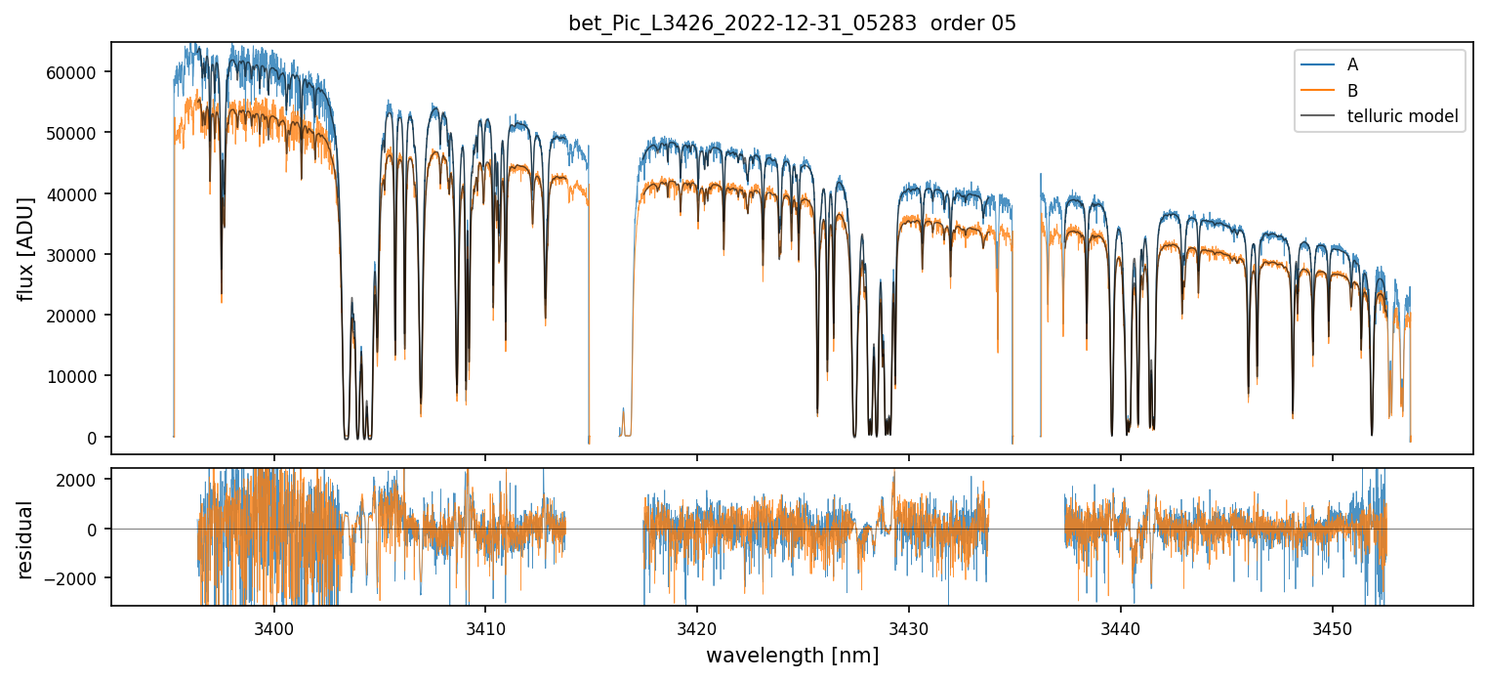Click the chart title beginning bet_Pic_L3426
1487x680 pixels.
[792, 23]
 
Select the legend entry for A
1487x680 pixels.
[1352, 65]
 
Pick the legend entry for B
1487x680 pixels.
[1352, 91]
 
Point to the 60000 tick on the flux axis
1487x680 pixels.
[77, 72]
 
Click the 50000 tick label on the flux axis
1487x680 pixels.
[77, 133]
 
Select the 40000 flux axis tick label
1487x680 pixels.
[77, 193]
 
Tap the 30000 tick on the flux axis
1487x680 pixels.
[77, 255]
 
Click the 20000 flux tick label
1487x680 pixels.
[77, 316]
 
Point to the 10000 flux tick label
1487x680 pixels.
[77, 376]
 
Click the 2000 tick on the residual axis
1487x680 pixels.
[84, 480]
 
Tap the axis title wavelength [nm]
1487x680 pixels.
[792, 656]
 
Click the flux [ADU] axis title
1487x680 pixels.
[26, 248]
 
